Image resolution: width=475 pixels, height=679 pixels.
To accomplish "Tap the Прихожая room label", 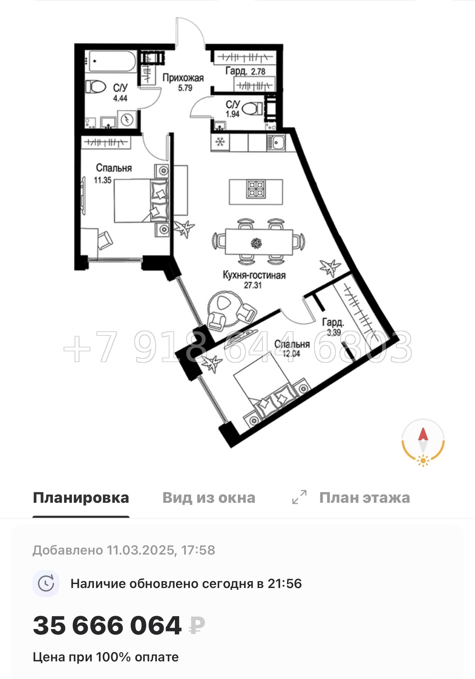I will pos(183,78).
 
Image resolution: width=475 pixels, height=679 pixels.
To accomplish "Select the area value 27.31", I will pos(253,285).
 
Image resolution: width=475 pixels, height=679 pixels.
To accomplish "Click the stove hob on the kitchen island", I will pos(256,189).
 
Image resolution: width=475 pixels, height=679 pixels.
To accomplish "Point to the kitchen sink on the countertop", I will pos(276,142).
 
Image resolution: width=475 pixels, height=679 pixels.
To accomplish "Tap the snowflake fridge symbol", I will pos(220,142).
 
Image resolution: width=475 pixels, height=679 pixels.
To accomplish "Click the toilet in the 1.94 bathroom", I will pos(253,108).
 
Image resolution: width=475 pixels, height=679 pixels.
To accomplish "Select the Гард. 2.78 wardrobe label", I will pos(245,71).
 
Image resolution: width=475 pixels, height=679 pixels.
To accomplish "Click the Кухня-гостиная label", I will pos(254,275).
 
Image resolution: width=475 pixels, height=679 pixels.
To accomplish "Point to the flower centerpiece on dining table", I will pos(256,243).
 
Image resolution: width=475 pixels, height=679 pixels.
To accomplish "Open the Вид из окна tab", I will pos(209,498).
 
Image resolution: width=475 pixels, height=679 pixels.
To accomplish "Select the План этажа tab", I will pos(364,498).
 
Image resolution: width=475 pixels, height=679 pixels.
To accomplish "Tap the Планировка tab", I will pos(81,498).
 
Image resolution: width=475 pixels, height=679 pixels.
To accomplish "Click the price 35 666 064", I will pos(107,626).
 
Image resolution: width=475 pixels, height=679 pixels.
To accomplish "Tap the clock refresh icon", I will pos(46,583).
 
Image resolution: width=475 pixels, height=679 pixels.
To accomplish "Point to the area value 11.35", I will pos(103,180).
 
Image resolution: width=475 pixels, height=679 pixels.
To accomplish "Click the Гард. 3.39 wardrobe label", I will pos(333,326).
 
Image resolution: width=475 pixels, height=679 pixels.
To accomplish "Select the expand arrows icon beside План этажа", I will pos(299,497).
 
